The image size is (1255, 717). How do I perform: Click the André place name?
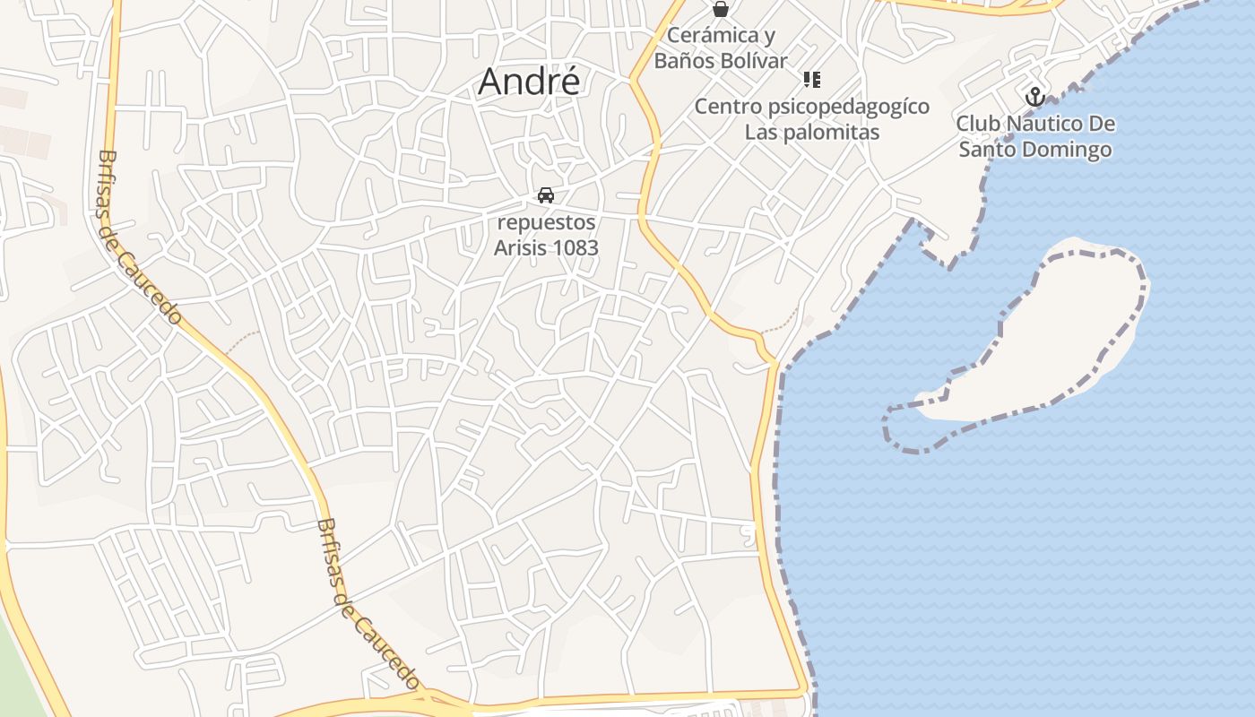tap(529, 82)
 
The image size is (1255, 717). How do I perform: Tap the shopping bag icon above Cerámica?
tap(720, 10)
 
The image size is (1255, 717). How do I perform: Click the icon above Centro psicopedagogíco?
tap(812, 81)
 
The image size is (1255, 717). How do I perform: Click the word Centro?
tap(728, 108)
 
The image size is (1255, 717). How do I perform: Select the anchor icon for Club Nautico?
tap(1035, 97)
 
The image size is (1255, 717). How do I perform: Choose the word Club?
tap(975, 124)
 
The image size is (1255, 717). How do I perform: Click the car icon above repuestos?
tap(545, 195)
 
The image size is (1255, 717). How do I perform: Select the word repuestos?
tap(546, 222)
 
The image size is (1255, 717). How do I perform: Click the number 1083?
tap(575, 247)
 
